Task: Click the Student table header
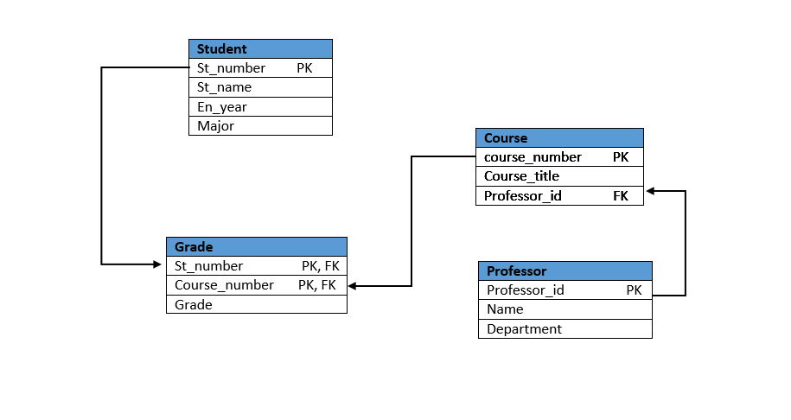260,49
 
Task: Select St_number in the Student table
231,68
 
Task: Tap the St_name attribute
224,87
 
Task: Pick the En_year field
222,107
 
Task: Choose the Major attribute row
215,126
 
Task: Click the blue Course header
559,138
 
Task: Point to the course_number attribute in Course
533,157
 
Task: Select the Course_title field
521,176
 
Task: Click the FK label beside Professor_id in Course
621,196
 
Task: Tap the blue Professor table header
565,271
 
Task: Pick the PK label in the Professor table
634,290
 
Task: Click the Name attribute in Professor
505,309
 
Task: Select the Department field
524,329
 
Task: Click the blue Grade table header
256,247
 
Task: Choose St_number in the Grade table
208,266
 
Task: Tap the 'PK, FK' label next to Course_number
317,285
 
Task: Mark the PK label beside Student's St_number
304,68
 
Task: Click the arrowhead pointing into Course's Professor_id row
651,191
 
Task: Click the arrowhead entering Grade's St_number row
160,264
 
